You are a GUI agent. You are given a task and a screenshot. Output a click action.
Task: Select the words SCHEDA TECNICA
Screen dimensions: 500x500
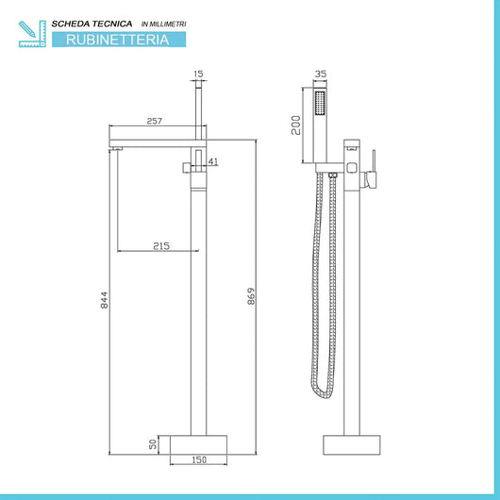point(93,21)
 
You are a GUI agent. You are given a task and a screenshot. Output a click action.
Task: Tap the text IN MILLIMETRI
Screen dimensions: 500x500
point(163,21)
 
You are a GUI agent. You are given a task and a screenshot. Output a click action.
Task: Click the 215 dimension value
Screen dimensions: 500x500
point(160,245)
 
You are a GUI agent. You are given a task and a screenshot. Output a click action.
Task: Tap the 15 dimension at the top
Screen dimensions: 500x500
point(198,74)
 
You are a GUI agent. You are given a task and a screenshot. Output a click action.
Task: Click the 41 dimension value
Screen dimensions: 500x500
point(213,162)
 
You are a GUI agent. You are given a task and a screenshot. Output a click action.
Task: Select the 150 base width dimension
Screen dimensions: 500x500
point(197,461)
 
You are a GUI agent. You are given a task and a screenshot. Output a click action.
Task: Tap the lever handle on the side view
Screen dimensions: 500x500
point(372,165)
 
